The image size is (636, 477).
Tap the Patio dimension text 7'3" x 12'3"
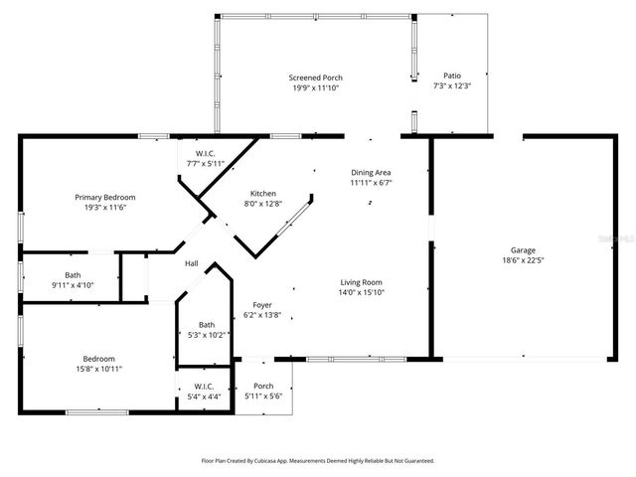(451, 86)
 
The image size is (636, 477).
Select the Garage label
(524, 249)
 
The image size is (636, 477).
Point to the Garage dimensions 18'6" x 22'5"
(524, 260)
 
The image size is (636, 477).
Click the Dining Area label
(371, 172)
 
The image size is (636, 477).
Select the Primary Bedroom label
(104, 197)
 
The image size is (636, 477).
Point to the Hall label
(191, 263)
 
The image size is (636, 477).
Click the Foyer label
(262, 305)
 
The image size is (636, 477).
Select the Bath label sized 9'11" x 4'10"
(73, 274)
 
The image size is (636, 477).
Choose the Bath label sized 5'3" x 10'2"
(206, 324)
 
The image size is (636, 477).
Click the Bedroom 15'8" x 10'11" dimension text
(99, 369)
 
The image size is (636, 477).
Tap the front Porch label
(263, 386)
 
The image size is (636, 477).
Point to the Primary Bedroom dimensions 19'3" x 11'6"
(104, 208)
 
